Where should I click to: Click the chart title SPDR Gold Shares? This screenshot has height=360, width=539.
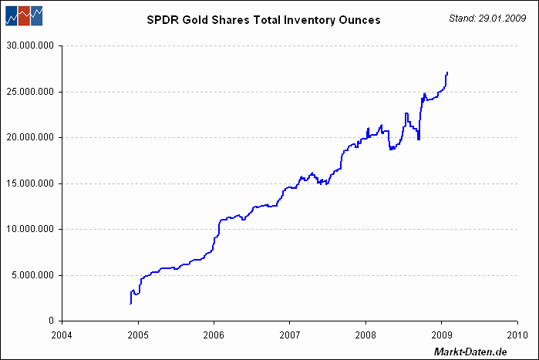[x=264, y=20]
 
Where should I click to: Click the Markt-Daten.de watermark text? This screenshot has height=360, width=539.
[x=470, y=352]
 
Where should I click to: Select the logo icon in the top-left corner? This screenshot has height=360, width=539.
[x=24, y=15]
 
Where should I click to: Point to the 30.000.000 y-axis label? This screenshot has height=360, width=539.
[x=30, y=45]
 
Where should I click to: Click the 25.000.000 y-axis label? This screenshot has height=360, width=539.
[x=30, y=92]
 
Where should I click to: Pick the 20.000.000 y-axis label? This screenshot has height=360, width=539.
[x=30, y=137]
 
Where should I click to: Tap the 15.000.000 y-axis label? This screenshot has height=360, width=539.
[x=30, y=183]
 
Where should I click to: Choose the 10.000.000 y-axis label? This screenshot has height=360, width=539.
[x=30, y=229]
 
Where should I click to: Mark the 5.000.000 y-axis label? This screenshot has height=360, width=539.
[x=33, y=275]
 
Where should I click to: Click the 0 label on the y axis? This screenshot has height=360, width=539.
[x=52, y=321]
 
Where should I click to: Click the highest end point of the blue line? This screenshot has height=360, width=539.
[x=447, y=72]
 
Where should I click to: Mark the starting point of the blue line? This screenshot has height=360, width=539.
[x=130, y=304]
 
